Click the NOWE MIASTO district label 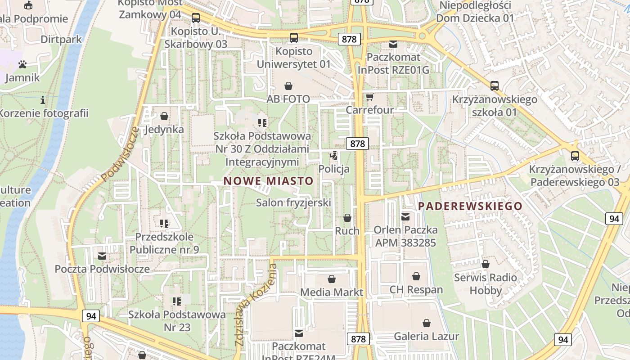pos(268,181)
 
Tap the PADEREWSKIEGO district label pos(470,206)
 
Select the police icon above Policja pos(333,156)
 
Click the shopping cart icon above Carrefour pos(369,97)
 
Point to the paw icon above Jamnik pos(22,64)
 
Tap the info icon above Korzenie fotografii pos(43,99)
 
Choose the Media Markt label pos(331,292)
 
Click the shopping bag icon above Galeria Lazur pos(426,323)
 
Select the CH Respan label pos(416,289)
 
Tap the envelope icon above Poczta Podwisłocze pos(102,256)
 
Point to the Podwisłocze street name pos(120,154)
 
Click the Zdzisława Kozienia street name pos(255,305)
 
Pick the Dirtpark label pos(61,39)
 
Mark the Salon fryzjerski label pos(293,202)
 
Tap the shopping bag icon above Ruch pos(347,218)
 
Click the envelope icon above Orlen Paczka pos(405,217)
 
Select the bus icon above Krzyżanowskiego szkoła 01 pos(495,85)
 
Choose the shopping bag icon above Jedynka pos(164,116)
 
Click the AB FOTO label pos(288,99)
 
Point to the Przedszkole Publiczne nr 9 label pos(164,243)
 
